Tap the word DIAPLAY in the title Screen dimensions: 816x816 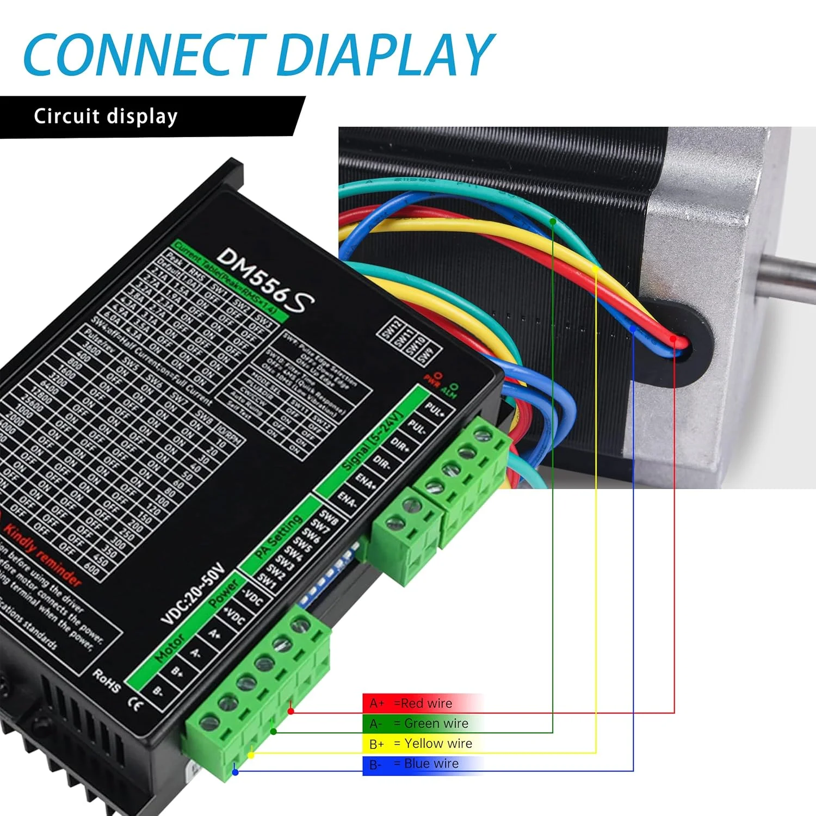pos(385,54)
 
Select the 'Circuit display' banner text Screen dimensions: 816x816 pos(106,116)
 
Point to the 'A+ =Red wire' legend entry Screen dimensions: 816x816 pos(411,703)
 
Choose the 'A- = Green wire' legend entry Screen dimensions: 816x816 pos(419,724)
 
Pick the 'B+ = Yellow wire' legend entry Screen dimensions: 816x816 pos(421,744)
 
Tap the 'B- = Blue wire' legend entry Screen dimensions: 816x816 pos(414,764)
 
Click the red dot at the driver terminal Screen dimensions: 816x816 pos(291,711)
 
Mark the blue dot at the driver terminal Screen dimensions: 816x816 pos(235,772)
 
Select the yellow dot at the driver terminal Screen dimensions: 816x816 pos(251,755)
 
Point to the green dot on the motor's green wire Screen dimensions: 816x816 pos(553,221)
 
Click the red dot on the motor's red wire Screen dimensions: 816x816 pos(673,339)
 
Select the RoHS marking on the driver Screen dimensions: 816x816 pos(107,681)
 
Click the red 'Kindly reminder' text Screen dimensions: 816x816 pos(44,555)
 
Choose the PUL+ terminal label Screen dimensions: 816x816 pos(434,409)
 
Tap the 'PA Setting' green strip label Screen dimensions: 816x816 pos(279,536)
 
